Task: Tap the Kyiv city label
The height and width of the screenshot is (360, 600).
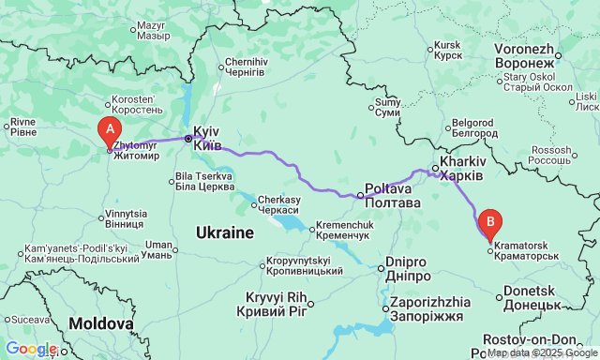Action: [x=207, y=139]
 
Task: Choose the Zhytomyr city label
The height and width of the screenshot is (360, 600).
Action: [x=137, y=150]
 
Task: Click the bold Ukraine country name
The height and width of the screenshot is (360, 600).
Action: [x=225, y=232]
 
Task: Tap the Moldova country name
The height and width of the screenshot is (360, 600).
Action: [x=101, y=322]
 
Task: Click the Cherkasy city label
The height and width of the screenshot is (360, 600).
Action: [x=278, y=204]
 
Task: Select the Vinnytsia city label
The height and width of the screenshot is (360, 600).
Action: [x=126, y=219]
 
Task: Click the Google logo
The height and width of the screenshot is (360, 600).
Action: [x=30, y=349]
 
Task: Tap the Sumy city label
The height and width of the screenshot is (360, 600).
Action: [x=387, y=107]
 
